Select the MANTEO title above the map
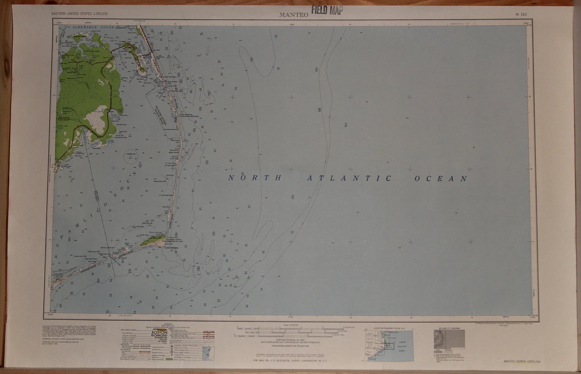293,15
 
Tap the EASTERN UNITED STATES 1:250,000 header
79,14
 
